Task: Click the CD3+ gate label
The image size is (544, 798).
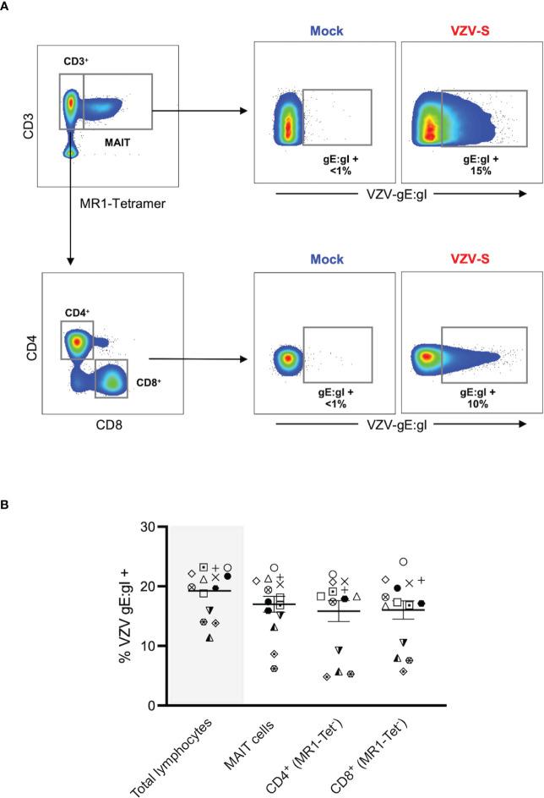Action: [76, 62]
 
